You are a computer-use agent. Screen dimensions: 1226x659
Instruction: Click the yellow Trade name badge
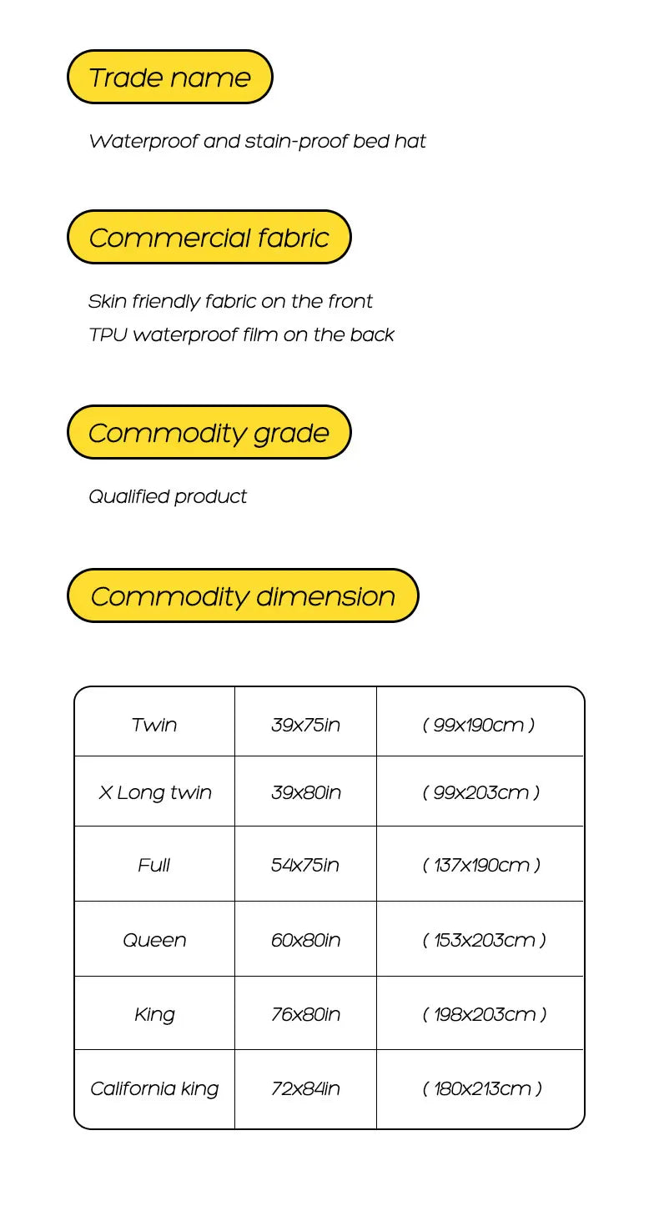pyautogui.click(x=169, y=78)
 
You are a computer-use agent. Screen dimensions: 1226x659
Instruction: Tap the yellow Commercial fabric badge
pyautogui.click(x=209, y=238)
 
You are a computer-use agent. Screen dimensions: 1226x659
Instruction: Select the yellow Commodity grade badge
pyautogui.click(x=209, y=433)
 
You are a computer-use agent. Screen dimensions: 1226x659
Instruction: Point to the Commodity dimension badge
pyautogui.click(x=242, y=596)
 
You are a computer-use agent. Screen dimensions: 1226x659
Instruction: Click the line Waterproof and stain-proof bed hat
pyautogui.click(x=257, y=142)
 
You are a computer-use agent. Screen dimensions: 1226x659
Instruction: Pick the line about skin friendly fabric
pyautogui.click(x=230, y=301)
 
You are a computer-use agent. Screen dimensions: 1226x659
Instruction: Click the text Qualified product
pyautogui.click(x=168, y=497)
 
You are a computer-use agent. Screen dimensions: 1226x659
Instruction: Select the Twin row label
pyautogui.click(x=154, y=725)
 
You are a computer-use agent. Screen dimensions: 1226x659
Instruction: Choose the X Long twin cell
pyautogui.click(x=154, y=792)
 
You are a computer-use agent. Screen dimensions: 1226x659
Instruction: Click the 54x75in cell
pyautogui.click(x=305, y=865)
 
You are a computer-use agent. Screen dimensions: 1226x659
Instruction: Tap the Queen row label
pyautogui.click(x=154, y=940)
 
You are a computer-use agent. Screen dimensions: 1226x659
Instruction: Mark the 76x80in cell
pyautogui.click(x=305, y=1014)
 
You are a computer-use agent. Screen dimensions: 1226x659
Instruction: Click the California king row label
pyautogui.click(x=154, y=1088)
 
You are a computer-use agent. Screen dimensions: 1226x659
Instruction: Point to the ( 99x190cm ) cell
pyautogui.click(x=479, y=725)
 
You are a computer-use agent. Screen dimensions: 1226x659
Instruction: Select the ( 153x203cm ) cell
pyautogui.click(x=484, y=940)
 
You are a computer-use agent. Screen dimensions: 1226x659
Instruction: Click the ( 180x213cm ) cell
pyautogui.click(x=482, y=1088)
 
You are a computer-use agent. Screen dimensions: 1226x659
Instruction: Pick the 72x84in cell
pyautogui.click(x=305, y=1088)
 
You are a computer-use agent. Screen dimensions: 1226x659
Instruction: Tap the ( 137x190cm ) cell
pyautogui.click(x=481, y=865)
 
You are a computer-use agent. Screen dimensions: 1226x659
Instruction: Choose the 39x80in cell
pyautogui.click(x=305, y=792)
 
